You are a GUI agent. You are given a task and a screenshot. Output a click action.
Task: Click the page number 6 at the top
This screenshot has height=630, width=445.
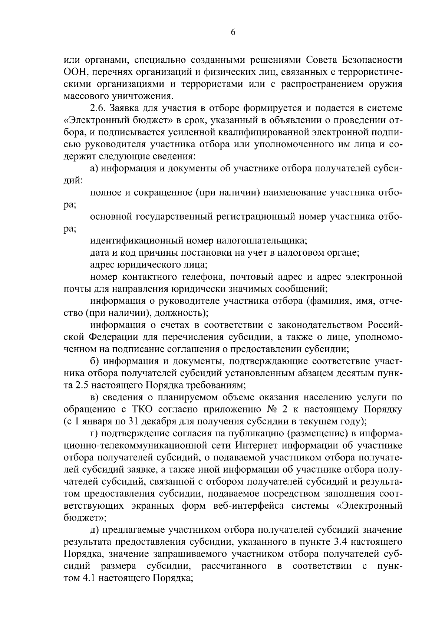pyautogui.click(x=233, y=32)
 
